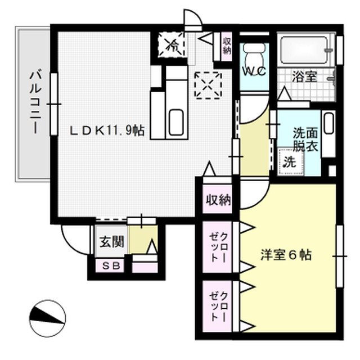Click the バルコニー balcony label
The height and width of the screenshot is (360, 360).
point(35,101)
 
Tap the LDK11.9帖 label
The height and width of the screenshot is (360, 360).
point(107,130)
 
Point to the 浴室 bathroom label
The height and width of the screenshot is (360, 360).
point(305,77)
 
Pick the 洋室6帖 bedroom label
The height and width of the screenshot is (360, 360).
point(285,254)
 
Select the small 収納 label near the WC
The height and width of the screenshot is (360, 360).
point(226,46)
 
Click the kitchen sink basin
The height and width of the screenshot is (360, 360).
point(175,123)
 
